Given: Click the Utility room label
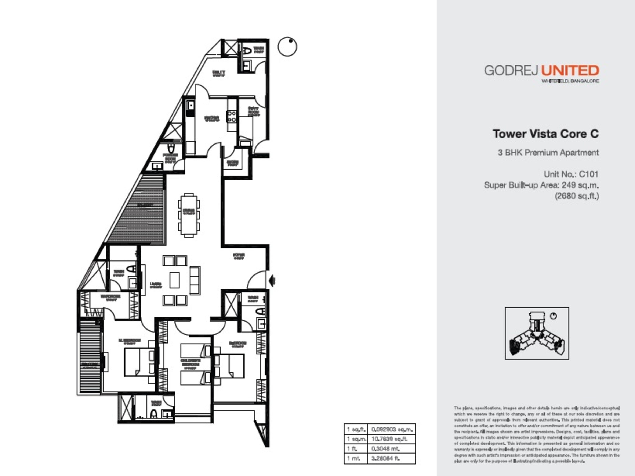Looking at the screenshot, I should tap(218, 73).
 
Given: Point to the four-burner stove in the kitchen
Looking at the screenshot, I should tap(231, 116).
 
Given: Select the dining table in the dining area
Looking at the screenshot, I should tap(189, 215).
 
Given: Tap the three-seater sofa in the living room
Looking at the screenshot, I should tap(195, 280).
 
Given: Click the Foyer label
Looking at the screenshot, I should tap(239, 256).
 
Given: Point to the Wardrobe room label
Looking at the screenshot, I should tap(110, 297).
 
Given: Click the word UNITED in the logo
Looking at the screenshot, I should tap(570, 70).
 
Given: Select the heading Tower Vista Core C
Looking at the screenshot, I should tap(545, 134).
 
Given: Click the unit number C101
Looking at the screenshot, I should tap(588, 174).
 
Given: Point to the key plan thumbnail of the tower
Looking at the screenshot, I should tap(537, 333).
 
